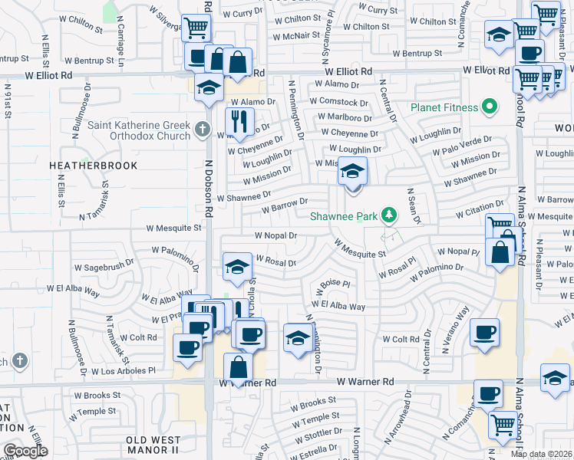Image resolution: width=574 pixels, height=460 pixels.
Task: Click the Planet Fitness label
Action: tap(444, 107)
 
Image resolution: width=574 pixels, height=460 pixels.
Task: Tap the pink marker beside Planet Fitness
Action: tap(489, 107)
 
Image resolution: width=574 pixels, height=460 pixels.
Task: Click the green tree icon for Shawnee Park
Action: tap(390, 215)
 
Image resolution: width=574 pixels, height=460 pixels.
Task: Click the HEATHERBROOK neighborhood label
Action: tap(93, 166)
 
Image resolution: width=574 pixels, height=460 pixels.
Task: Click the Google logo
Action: tap(25, 451)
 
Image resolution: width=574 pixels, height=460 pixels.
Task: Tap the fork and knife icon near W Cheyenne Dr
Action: tap(239, 121)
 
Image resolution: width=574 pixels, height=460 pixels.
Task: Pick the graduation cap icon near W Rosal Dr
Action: tap(237, 267)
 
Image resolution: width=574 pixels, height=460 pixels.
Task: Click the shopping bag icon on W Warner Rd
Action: tap(239, 369)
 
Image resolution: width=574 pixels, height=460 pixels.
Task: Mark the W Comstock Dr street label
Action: tap(338, 101)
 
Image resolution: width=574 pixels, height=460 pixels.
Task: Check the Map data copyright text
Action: tap(541, 454)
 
